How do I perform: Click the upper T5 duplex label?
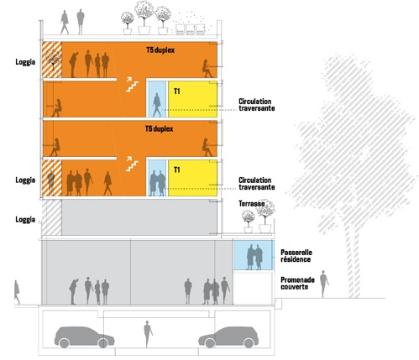pyautogui.click(x=160, y=50)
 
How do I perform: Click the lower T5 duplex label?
pyautogui.click(x=159, y=129)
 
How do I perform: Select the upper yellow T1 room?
pyautogui.click(x=192, y=99)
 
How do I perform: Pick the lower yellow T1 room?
pyautogui.click(x=192, y=178)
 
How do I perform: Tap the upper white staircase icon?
pyautogui.click(x=132, y=85)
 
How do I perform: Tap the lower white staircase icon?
pyautogui.click(x=132, y=164)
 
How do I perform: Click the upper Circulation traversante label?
pyautogui.click(x=256, y=105)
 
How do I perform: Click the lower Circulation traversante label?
pyautogui.click(x=256, y=184)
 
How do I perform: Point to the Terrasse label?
pyautogui.click(x=251, y=204)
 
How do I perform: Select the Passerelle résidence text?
pyautogui.click(x=296, y=256)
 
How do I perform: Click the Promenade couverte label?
pyautogui.click(x=297, y=284)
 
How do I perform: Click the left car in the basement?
pyautogui.click(x=84, y=337)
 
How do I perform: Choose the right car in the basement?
pyautogui.click(x=228, y=337)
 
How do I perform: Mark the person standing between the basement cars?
pyautogui.click(x=148, y=334)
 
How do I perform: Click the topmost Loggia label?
pyautogui.click(x=25, y=62)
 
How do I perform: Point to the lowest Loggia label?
pyautogui.click(x=25, y=220)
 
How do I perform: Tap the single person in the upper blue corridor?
pyautogui.click(x=157, y=105)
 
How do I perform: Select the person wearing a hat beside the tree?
pyautogui.click(x=324, y=284)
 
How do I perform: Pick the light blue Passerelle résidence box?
pyautogui.click(x=253, y=255)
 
